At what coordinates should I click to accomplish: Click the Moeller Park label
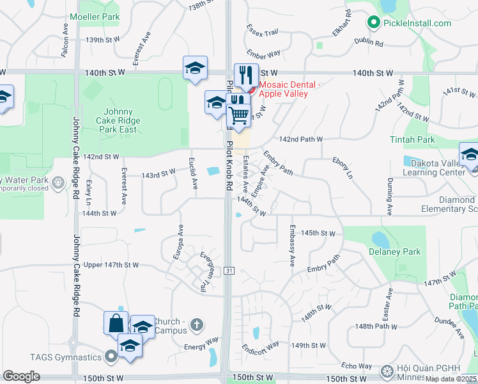click(95, 16)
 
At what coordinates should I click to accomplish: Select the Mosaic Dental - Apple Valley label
click(283, 88)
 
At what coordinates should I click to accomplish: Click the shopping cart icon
click(238, 115)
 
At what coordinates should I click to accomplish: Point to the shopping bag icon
click(116, 321)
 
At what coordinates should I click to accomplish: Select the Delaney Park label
click(394, 252)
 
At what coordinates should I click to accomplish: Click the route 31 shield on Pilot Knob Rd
click(228, 271)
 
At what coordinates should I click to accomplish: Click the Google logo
click(21, 376)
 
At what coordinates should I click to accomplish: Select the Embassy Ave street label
click(291, 245)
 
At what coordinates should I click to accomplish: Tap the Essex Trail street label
click(263, 31)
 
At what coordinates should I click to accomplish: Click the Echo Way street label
click(357, 366)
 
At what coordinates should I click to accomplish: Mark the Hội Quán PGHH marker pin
click(386, 371)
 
